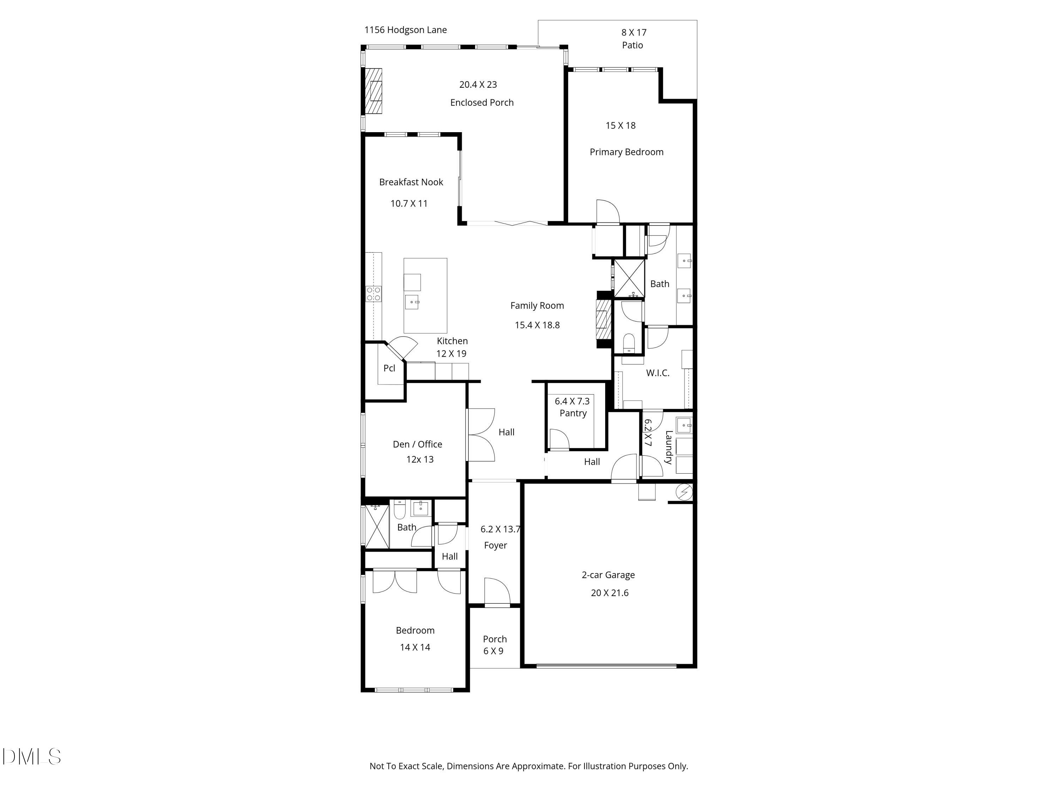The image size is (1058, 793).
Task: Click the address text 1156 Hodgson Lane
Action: coord(405,30)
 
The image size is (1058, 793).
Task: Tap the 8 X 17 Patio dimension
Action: coord(633,32)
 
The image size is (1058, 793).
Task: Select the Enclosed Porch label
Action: coord(482,102)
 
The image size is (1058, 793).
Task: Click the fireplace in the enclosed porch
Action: coord(374,91)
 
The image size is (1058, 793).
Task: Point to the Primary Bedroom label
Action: coord(626,152)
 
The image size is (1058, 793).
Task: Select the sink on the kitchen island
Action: coord(412,302)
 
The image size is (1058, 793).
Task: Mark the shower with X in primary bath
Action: coord(628,278)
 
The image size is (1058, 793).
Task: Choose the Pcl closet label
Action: coord(389,368)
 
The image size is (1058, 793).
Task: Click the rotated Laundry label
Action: coord(669,447)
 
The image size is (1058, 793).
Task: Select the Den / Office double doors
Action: coord(481,435)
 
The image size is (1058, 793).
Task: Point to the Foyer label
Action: coord(495,545)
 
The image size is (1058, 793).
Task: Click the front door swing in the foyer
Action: coord(497,592)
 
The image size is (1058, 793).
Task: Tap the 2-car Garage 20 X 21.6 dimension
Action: coord(609,593)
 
